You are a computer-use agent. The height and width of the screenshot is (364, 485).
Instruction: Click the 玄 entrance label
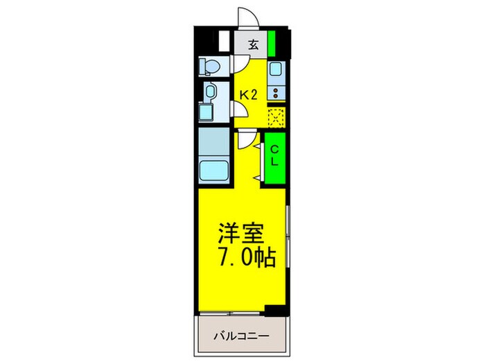tap(253, 46)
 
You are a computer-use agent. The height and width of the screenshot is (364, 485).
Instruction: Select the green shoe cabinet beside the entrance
tap(272, 44)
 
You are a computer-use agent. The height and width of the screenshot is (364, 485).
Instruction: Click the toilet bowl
tap(210, 67)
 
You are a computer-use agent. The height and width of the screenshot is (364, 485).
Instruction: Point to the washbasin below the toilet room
tap(210, 91)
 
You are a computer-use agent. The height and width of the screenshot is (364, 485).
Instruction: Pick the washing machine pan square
tap(207, 112)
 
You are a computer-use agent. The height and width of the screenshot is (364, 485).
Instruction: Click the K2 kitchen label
tap(249, 95)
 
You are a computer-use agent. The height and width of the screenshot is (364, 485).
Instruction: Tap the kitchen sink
tap(276, 70)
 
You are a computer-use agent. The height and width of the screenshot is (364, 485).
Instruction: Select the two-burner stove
tap(276, 92)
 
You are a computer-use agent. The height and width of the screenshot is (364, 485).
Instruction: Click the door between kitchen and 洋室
tap(245, 141)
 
